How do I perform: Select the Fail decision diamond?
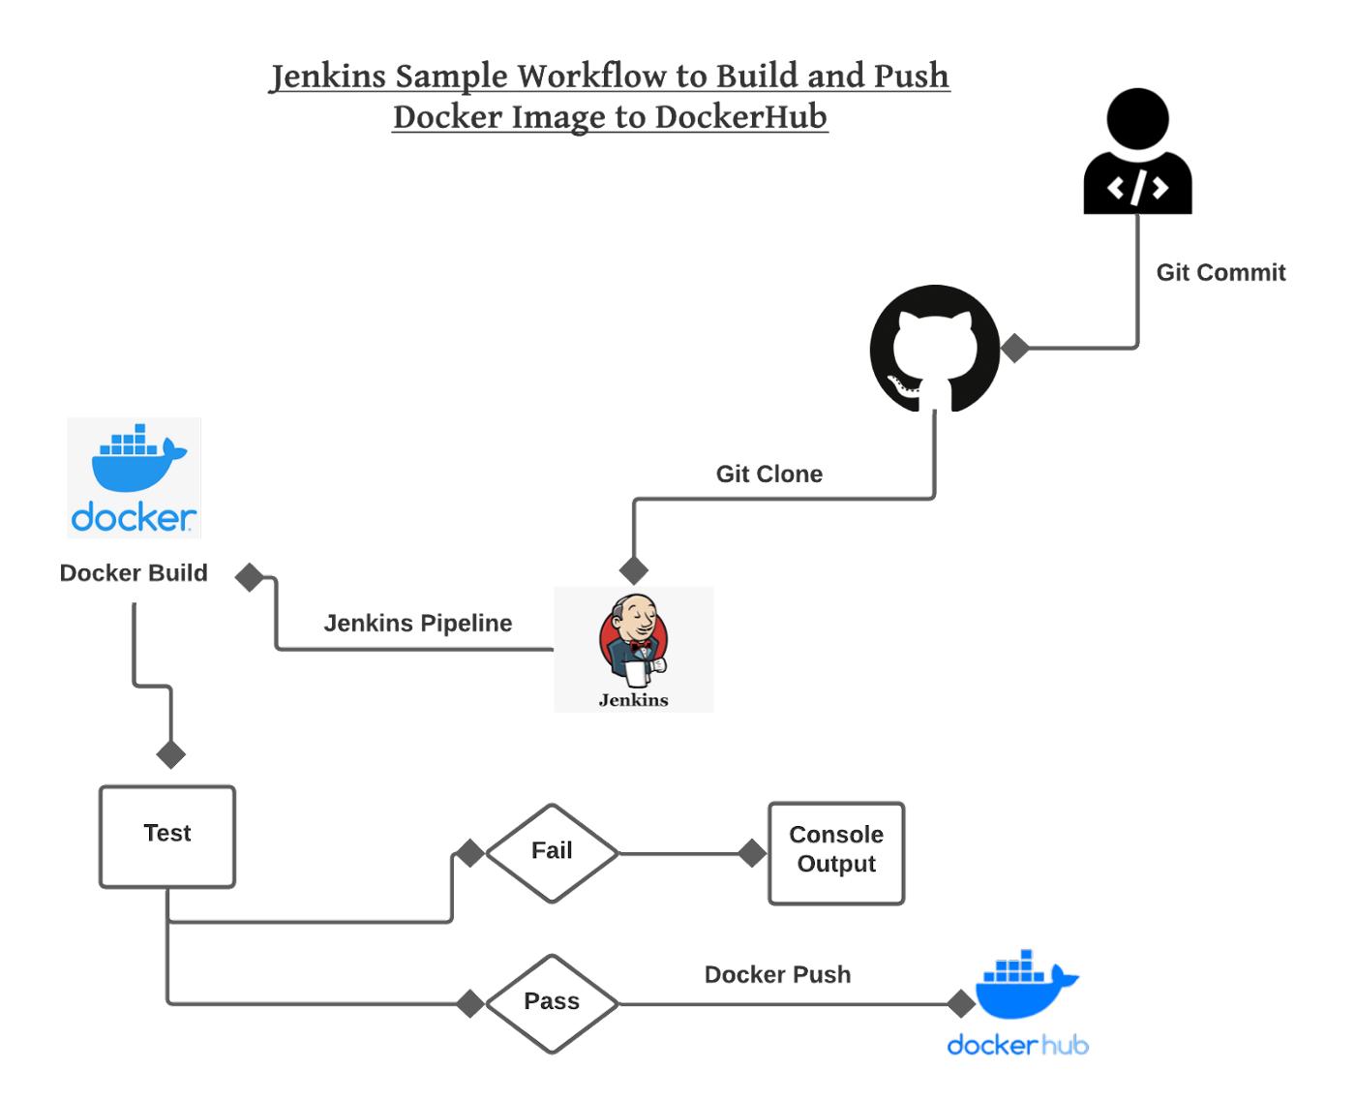click(552, 853)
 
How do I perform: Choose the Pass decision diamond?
click(552, 1003)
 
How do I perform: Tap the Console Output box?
click(836, 853)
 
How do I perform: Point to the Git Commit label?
click(1219, 273)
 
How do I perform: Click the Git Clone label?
click(768, 474)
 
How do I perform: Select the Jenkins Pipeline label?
click(417, 624)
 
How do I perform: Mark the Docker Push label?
click(777, 975)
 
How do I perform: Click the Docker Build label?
click(134, 573)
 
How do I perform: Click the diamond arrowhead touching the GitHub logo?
click(1014, 348)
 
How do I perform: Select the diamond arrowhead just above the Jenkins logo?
click(633, 570)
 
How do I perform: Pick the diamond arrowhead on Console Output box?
click(752, 853)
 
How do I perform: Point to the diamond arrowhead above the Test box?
click(170, 754)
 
